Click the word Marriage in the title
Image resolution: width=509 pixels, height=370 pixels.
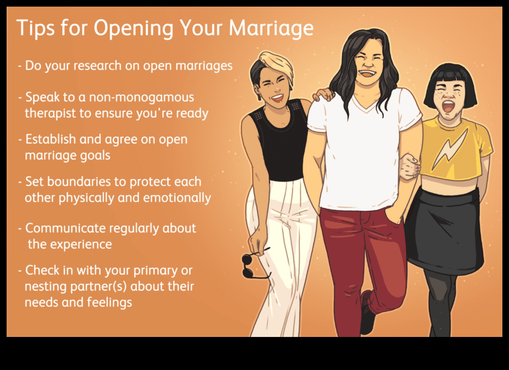coord(271,28)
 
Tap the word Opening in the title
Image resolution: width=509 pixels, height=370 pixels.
coord(133,28)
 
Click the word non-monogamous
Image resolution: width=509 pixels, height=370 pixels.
coord(141,97)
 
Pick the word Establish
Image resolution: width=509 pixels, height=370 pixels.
coord(51,139)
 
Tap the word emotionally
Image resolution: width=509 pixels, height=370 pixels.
coord(177,198)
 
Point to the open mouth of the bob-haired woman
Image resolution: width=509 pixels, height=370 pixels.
coord(449,107)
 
